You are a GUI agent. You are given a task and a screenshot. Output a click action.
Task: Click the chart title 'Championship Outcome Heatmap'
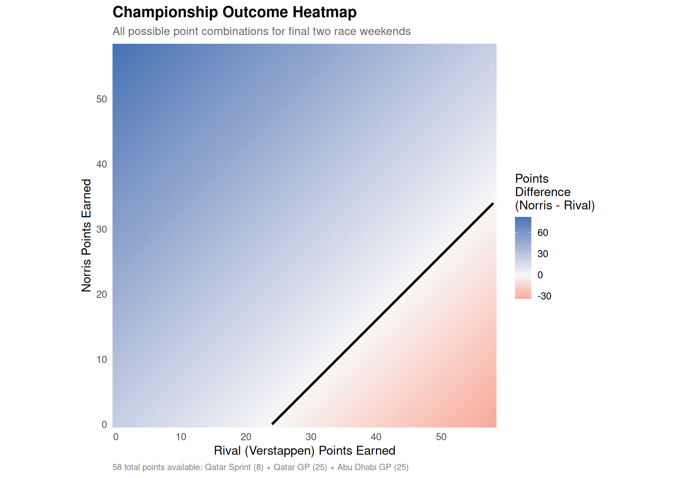(234, 12)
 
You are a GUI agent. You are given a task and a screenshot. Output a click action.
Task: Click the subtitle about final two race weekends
(261, 31)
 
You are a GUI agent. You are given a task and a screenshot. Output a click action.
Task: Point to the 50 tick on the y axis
(102, 99)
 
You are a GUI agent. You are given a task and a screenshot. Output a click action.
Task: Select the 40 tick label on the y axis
(102, 164)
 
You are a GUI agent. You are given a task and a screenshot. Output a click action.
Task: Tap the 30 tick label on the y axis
(102, 229)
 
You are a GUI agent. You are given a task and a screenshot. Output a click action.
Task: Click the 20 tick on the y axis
(102, 294)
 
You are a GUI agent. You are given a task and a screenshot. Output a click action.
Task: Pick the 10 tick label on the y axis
(102, 360)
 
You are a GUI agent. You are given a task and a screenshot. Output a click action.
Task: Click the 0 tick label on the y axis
(104, 425)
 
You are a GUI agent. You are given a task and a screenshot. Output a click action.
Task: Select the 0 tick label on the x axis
(116, 437)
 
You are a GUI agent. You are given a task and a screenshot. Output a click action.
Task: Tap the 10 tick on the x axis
(181, 437)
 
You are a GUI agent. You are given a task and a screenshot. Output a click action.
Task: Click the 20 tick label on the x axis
(246, 437)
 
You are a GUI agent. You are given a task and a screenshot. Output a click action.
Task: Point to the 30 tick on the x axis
(311, 437)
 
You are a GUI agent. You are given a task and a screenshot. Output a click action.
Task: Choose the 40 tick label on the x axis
(376, 437)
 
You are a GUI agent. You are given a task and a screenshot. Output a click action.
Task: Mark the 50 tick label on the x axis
(441, 437)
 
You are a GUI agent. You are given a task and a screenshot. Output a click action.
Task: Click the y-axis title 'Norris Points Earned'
(86, 235)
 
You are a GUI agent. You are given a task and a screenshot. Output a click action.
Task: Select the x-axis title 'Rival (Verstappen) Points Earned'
(305, 451)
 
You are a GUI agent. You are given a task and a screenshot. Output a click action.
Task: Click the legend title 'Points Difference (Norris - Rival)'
(555, 192)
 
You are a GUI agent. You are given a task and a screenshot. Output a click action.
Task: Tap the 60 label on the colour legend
(543, 233)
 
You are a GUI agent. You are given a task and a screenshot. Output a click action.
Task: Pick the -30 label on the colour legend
(544, 296)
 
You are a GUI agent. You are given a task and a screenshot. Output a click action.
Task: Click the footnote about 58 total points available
(260, 467)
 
